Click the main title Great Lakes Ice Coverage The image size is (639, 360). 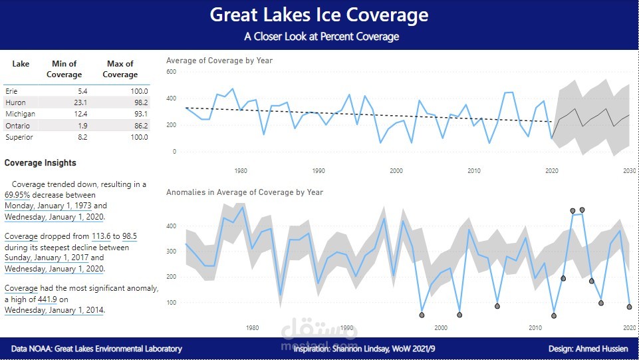(319, 15)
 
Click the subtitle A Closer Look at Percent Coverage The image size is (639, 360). (321, 37)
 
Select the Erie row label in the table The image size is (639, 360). (11, 90)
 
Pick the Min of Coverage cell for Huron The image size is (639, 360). (78, 102)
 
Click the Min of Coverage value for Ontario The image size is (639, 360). (82, 126)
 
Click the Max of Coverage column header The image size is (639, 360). (120, 69)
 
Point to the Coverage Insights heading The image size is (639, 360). (40, 163)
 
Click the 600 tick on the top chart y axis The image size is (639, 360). (172, 72)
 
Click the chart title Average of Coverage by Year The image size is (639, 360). (219, 61)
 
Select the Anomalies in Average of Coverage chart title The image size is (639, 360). (245, 192)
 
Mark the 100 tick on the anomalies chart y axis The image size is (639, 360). (172, 303)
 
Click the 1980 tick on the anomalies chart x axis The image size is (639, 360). (253, 327)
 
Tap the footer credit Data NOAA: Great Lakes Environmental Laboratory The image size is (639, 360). (96, 349)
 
